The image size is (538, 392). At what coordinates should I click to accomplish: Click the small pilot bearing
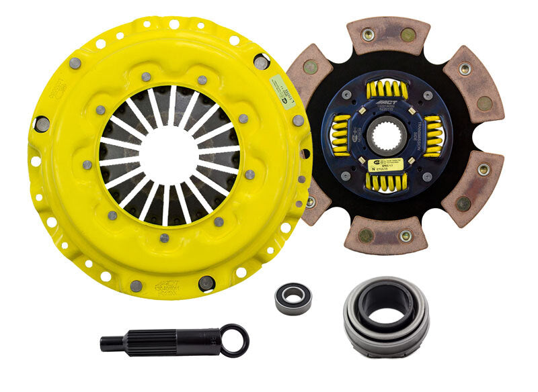pyautogui.click(x=293, y=297)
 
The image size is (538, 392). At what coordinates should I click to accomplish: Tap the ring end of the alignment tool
pyautogui.click(x=235, y=340)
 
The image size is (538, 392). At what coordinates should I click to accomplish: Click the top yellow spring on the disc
pyautogui.click(x=387, y=89)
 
